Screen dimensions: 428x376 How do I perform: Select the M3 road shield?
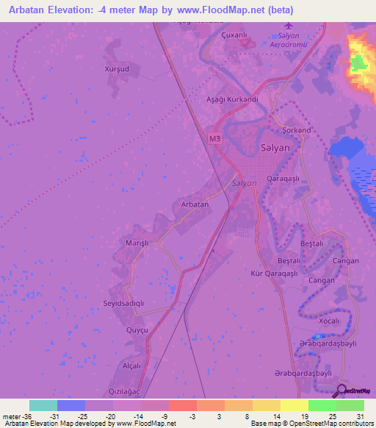[x=214, y=138]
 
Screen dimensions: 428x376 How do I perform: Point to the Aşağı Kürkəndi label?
[x=232, y=99]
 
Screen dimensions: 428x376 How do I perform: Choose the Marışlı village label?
[x=137, y=243]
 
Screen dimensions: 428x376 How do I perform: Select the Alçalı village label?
[x=131, y=365]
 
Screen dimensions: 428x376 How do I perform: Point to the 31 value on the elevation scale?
[x=361, y=415]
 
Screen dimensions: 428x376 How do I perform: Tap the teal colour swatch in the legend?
[x=43, y=405]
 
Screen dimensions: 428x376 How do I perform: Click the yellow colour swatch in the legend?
[x=293, y=405]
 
